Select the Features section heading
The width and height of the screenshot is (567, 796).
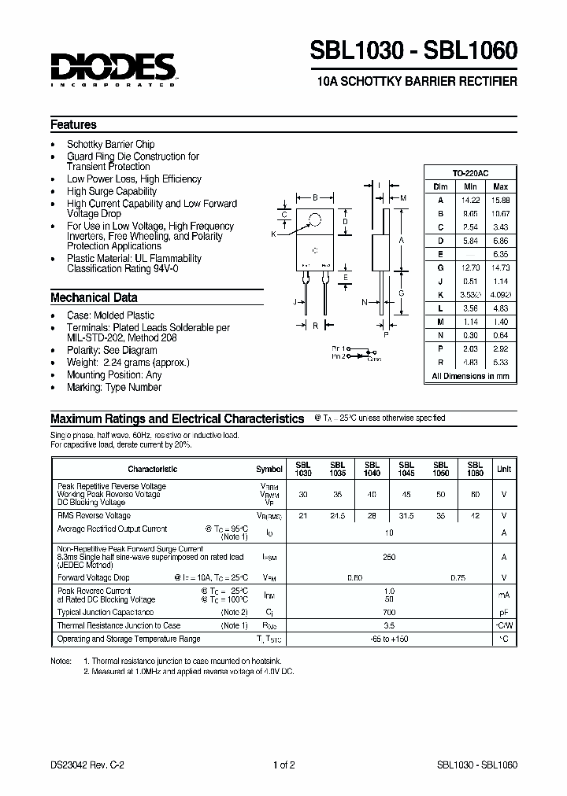tap(73, 124)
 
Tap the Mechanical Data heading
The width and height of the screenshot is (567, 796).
tap(93, 298)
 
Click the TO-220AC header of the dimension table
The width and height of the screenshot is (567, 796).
tap(470, 173)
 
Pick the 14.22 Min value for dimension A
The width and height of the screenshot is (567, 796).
tap(470, 200)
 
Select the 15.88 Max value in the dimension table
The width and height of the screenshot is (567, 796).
tap(500, 200)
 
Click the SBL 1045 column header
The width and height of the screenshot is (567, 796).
tap(406, 469)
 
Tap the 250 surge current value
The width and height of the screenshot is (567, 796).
tap(389, 557)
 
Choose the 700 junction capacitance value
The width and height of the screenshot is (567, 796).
tap(389, 611)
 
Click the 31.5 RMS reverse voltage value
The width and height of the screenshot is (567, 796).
tap(406, 516)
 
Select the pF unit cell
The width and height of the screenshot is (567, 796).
tap(502, 611)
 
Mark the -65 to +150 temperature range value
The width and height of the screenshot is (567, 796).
tap(389, 639)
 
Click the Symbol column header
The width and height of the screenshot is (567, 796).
tap(269, 469)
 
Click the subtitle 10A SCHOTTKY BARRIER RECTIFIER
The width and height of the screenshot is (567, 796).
tap(416, 82)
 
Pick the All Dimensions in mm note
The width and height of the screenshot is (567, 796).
tap(470, 377)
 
